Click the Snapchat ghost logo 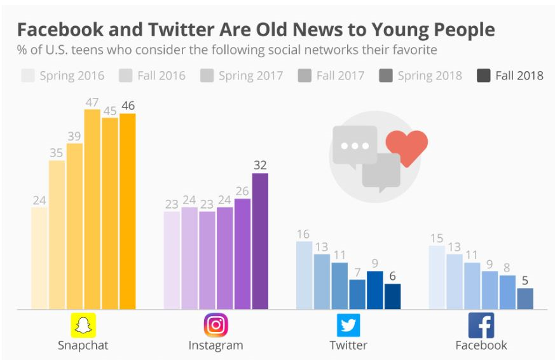pyautogui.click(x=83, y=326)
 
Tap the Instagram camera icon pyautogui.click(x=216, y=326)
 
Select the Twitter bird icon pyautogui.click(x=348, y=326)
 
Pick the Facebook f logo pyautogui.click(x=481, y=326)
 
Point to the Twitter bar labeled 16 pyautogui.click(x=305, y=275)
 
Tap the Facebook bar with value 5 pyautogui.click(x=525, y=298)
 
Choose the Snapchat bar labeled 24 pyautogui.click(x=39, y=258)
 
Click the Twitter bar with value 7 pyautogui.click(x=357, y=294)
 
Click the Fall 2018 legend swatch pyautogui.click(x=483, y=76)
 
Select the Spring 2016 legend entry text pyautogui.click(x=72, y=76)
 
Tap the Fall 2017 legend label pyautogui.click(x=340, y=76)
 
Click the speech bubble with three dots pyautogui.click(x=354, y=146)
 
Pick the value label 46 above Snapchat pyautogui.click(x=128, y=105)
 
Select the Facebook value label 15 pyautogui.click(x=436, y=238)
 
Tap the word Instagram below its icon pyautogui.click(x=216, y=346)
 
